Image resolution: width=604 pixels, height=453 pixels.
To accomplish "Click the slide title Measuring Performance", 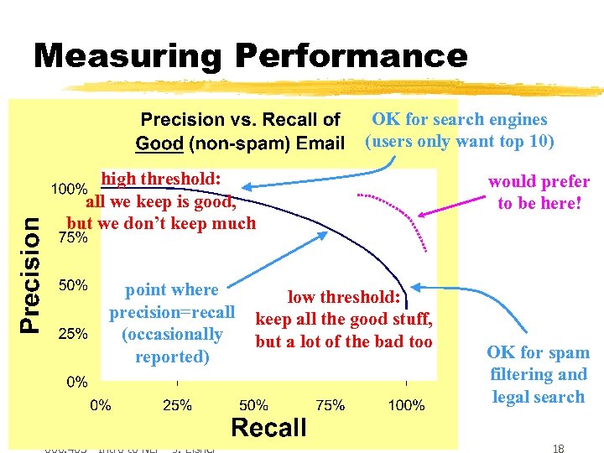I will coord(250,56).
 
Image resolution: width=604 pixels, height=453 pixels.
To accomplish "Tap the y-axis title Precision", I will coord(30,273).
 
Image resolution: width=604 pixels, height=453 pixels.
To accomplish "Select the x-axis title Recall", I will coord(268,428).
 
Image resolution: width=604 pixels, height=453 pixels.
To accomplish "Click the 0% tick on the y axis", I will coord(77,382).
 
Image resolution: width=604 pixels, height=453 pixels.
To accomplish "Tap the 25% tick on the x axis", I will coord(177,405).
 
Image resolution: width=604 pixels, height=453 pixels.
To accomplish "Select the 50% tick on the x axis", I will coord(253,405).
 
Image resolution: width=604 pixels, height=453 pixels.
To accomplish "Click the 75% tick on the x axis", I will coord(330,405).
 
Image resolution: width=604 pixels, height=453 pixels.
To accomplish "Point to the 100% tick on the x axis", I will coord(406,405).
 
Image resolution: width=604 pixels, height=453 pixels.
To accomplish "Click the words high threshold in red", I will coord(160,180).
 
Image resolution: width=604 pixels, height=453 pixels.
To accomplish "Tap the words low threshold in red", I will coord(346,297).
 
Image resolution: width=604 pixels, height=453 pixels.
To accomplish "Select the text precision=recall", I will coord(172,312).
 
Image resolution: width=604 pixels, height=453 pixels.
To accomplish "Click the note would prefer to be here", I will coord(539,192).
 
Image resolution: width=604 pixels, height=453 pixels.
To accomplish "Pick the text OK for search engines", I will coord(460,120).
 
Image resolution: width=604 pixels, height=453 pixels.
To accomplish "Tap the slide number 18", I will coord(558,449).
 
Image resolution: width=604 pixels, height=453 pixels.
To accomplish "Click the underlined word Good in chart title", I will coord(159,143).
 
